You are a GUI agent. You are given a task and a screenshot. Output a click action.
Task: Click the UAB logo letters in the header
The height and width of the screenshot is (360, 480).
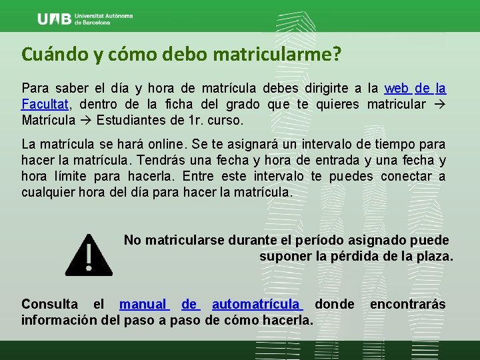[55, 19]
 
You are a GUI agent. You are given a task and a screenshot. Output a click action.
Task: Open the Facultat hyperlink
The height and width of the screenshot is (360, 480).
[45, 105]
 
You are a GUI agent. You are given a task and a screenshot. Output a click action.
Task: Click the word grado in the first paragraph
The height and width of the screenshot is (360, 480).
[243, 105]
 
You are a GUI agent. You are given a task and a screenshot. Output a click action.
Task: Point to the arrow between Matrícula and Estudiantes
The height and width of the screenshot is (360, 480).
[86, 121]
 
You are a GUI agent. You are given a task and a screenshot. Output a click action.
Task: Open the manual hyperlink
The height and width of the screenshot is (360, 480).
[144, 305]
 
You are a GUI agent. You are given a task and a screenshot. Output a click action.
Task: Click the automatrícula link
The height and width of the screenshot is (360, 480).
[257, 305]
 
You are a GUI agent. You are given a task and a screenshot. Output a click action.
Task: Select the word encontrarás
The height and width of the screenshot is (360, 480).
[407, 305]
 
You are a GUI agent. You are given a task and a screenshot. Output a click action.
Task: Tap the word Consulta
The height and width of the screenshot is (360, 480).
[51, 305]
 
